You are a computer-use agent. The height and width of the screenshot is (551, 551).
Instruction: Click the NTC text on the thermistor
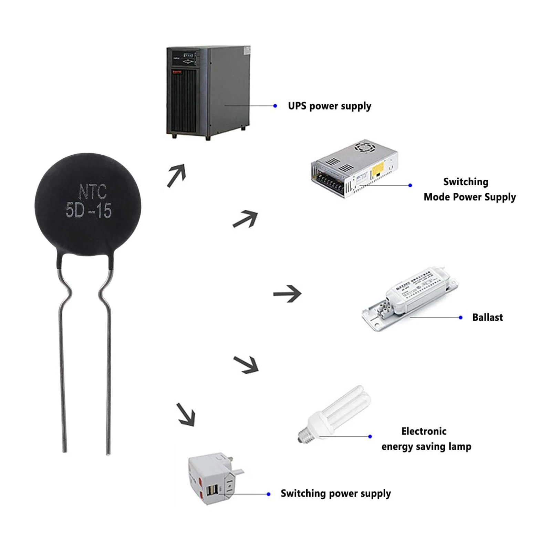click(x=93, y=191)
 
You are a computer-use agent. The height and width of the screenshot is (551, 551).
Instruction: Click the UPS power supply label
click(x=330, y=106)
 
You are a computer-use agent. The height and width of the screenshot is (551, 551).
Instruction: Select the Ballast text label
click(x=487, y=317)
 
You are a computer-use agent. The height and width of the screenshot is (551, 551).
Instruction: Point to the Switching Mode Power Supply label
click(x=469, y=189)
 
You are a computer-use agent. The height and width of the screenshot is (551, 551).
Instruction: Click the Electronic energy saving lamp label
click(x=426, y=439)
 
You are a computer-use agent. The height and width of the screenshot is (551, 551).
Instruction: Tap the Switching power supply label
click(x=336, y=493)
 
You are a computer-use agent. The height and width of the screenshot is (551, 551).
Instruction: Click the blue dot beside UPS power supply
click(x=275, y=106)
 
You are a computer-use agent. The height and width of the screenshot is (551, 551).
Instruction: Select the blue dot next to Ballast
click(x=461, y=317)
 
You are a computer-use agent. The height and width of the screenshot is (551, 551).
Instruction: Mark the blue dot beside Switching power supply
click(x=269, y=494)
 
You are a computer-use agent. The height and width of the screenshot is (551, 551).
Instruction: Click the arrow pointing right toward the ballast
click(x=288, y=294)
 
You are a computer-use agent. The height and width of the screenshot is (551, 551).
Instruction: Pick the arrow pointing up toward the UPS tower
click(x=177, y=175)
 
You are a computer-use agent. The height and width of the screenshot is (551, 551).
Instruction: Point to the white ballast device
click(x=410, y=298)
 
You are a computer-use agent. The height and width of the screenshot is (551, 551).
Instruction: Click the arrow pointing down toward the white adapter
click(x=186, y=415)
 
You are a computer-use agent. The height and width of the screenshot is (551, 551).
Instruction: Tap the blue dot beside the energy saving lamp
click(x=370, y=436)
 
